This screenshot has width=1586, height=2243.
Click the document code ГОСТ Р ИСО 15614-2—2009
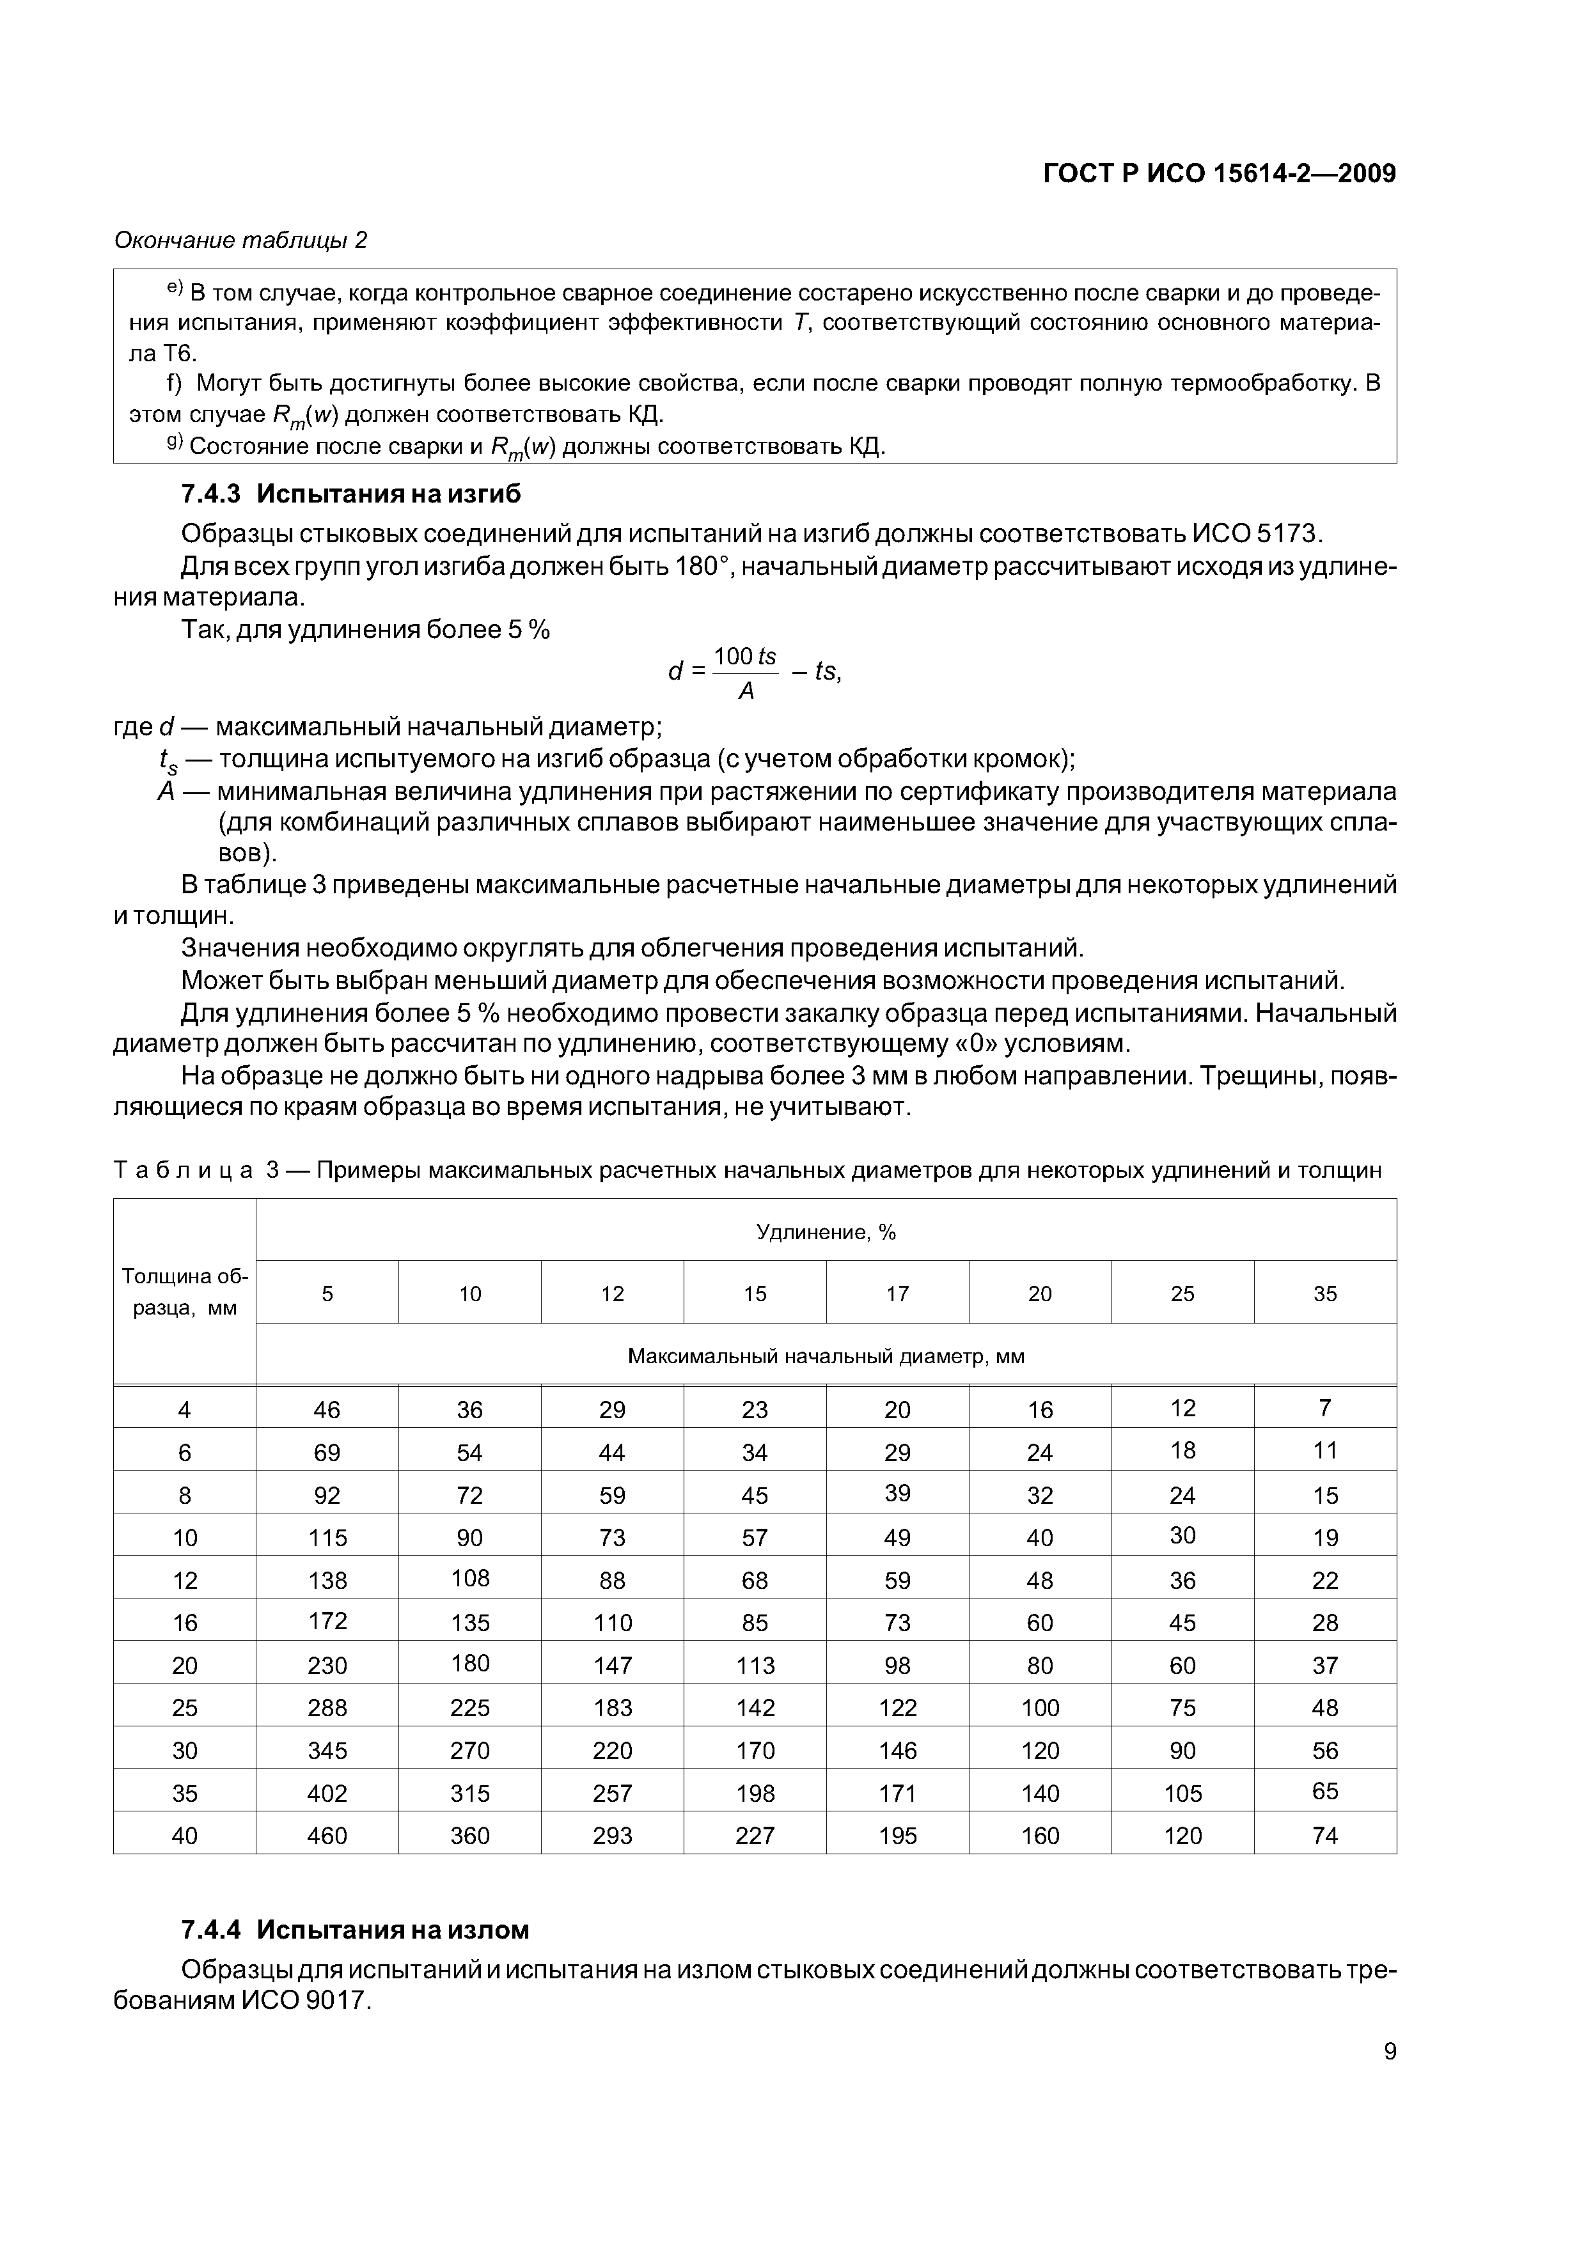coord(1218,174)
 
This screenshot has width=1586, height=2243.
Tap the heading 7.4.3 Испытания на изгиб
coord(351,494)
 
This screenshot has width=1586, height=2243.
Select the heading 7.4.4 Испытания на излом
coord(355,1930)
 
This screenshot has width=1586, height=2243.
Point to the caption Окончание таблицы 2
coord(240,240)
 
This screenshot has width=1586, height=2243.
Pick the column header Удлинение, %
coord(826,1233)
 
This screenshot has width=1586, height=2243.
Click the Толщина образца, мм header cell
coord(185,1292)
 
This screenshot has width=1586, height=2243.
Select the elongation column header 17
coord(897,1294)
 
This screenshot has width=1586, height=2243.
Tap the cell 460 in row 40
coord(327,1836)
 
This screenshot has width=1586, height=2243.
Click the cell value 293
coord(612,1836)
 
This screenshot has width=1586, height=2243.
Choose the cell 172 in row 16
coord(327,1621)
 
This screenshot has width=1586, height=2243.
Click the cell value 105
coord(1182,1794)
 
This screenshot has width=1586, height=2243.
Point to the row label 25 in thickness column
coord(185,1708)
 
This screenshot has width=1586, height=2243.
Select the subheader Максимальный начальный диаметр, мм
coord(826,1356)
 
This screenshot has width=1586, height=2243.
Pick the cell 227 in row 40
coord(755,1836)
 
